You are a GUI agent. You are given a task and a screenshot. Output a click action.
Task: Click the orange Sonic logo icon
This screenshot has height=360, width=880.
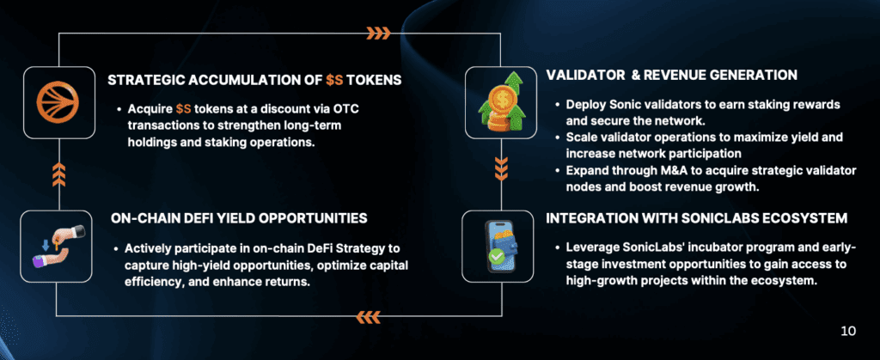58,102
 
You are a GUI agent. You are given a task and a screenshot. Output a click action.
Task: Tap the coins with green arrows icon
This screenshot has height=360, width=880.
501,101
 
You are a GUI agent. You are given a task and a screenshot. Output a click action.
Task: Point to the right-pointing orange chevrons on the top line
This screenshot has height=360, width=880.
378,34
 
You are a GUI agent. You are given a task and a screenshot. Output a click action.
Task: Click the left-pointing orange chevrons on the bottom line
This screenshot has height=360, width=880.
368,318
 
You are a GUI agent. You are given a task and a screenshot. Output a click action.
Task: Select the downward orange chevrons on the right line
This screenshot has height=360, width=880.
501,168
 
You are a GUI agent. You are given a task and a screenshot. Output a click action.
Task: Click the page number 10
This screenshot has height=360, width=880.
848,332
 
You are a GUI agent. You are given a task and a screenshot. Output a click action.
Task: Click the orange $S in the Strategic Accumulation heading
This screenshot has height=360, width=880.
334,80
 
